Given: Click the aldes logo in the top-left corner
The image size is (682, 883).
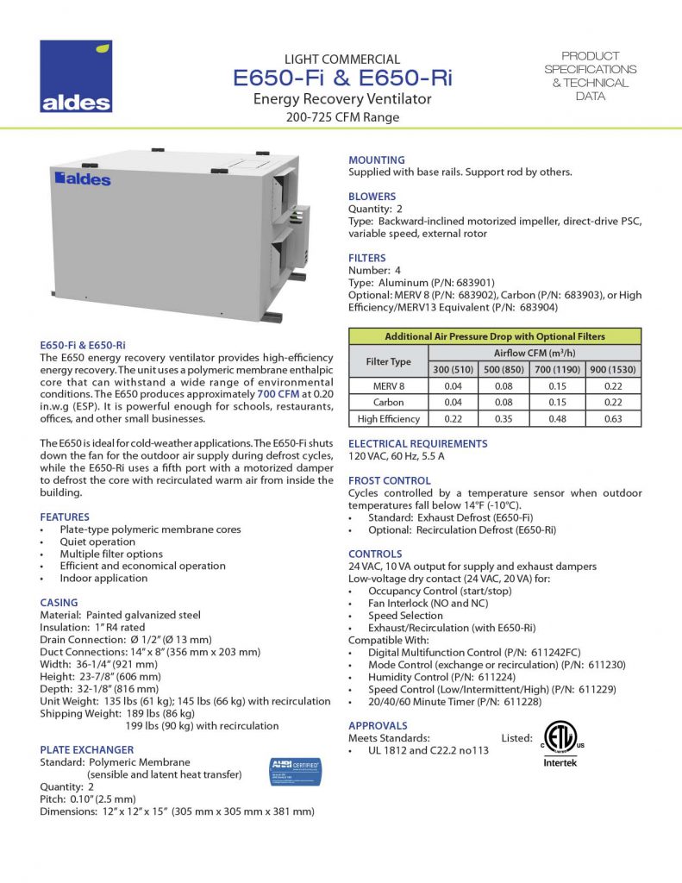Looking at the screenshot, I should (76, 77).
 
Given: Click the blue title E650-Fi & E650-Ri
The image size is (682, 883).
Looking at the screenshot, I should (343, 78).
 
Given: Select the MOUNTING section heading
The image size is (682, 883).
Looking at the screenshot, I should (376, 160).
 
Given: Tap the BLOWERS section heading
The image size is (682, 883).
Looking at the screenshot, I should (372, 197).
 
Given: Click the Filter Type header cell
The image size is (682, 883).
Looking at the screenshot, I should (389, 362).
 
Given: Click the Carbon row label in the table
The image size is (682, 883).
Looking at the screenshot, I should (389, 403).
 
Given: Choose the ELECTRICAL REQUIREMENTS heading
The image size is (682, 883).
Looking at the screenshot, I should (417, 443).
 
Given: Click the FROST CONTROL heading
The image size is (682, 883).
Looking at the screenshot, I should (389, 480).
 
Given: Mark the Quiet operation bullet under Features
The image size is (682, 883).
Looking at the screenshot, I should (97, 542).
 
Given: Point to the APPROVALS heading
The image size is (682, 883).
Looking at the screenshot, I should (378, 726).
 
